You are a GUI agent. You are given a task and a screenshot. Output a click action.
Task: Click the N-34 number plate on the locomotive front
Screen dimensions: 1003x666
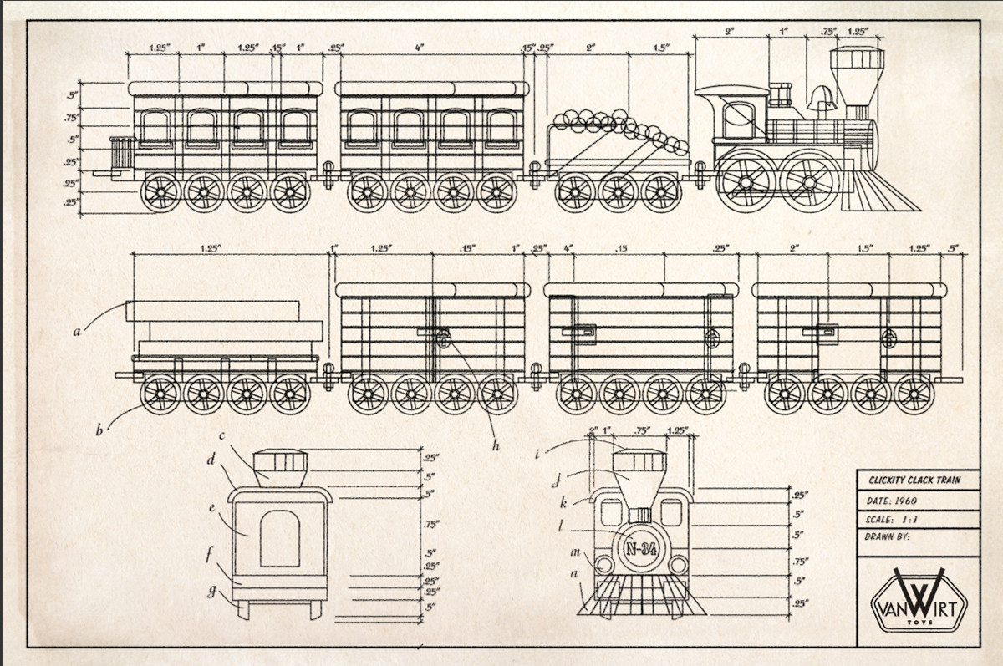point(640,549)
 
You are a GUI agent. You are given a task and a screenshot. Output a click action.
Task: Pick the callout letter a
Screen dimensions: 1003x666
point(77,332)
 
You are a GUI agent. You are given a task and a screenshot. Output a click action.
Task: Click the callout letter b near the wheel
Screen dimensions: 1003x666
point(99,431)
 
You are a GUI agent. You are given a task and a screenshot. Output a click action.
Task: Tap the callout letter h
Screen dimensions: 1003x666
point(495,446)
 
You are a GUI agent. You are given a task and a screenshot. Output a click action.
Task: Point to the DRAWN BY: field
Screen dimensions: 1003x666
point(887,536)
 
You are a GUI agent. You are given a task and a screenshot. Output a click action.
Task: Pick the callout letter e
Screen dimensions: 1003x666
point(212,508)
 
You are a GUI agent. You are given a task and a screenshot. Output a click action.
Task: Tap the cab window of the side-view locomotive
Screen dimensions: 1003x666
point(738,119)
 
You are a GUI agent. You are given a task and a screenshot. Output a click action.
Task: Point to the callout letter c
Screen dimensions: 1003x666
point(222,435)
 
